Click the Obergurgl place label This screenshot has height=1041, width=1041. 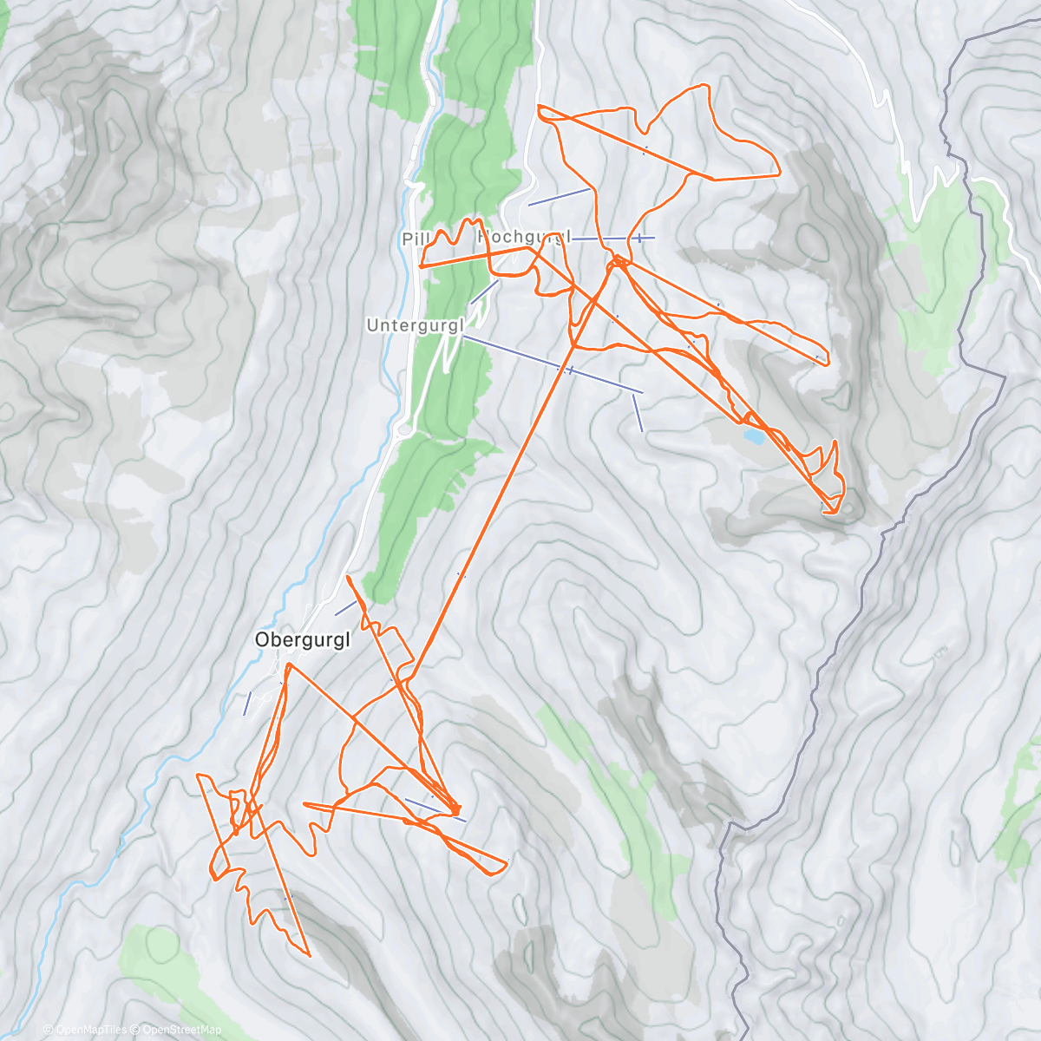coord(303,640)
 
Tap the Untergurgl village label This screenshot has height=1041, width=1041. coord(416,325)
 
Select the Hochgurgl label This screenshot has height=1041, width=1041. coord(525,236)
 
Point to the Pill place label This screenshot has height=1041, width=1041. coord(410,239)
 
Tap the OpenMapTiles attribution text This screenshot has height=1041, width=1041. coord(89,1030)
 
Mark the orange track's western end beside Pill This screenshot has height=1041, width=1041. coord(421,266)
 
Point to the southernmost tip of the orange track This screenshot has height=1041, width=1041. coord(309,955)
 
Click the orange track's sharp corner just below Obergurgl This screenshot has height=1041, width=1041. coord(287,665)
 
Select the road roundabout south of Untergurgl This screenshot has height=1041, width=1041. coord(403,429)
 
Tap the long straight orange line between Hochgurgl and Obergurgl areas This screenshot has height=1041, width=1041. coord(503,486)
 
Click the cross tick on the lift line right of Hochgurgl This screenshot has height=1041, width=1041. coord(639,238)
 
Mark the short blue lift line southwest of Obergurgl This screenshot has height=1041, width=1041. coord(247,703)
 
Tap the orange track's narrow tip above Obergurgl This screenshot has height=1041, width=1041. coord(348,576)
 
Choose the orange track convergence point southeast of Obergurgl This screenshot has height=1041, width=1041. coord(455,810)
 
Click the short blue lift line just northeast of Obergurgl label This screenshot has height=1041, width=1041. coord(345,608)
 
